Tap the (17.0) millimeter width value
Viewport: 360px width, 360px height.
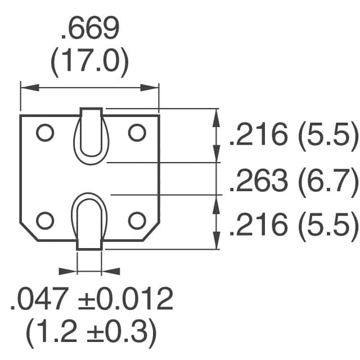[90, 64]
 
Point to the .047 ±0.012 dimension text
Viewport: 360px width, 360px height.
[91, 300]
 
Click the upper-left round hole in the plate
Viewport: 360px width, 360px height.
[44, 133]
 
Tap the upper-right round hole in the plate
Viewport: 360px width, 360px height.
[137, 133]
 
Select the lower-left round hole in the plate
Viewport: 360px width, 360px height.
[44, 220]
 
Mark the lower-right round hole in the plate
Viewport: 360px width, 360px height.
[137, 220]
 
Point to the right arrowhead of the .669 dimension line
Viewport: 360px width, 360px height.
[153, 87]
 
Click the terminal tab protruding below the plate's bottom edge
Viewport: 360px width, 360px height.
[89, 243]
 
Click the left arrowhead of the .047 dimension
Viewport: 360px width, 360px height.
[71, 271]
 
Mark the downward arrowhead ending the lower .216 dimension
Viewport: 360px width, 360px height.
[217, 242]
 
